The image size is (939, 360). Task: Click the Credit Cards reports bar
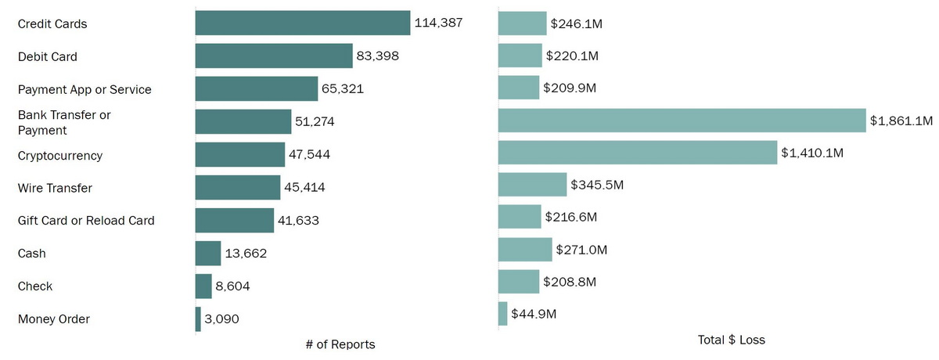[x=303, y=23]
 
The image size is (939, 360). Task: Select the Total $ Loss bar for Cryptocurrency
[x=637, y=152]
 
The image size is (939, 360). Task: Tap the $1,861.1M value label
[x=901, y=121]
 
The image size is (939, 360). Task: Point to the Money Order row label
[x=54, y=319]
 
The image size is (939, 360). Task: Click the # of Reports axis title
[x=340, y=344]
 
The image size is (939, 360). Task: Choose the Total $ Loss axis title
[x=731, y=340]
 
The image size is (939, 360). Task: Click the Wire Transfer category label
[x=55, y=188]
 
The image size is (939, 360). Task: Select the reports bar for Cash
[x=208, y=254]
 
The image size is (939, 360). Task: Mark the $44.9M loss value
[x=534, y=314]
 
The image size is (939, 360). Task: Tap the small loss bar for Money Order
[x=502, y=314]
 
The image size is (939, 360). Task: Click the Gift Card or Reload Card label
[x=86, y=221]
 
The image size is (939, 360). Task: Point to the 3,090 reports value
[x=221, y=319]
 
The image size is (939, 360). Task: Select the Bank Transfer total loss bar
[x=682, y=121]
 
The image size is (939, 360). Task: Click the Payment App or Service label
[x=85, y=89]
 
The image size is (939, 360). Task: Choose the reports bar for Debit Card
[x=274, y=56]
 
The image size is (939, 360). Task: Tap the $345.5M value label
[x=596, y=185]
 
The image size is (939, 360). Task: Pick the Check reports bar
[x=203, y=286]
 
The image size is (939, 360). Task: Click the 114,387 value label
[x=439, y=23]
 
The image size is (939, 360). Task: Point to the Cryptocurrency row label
[x=60, y=156]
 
